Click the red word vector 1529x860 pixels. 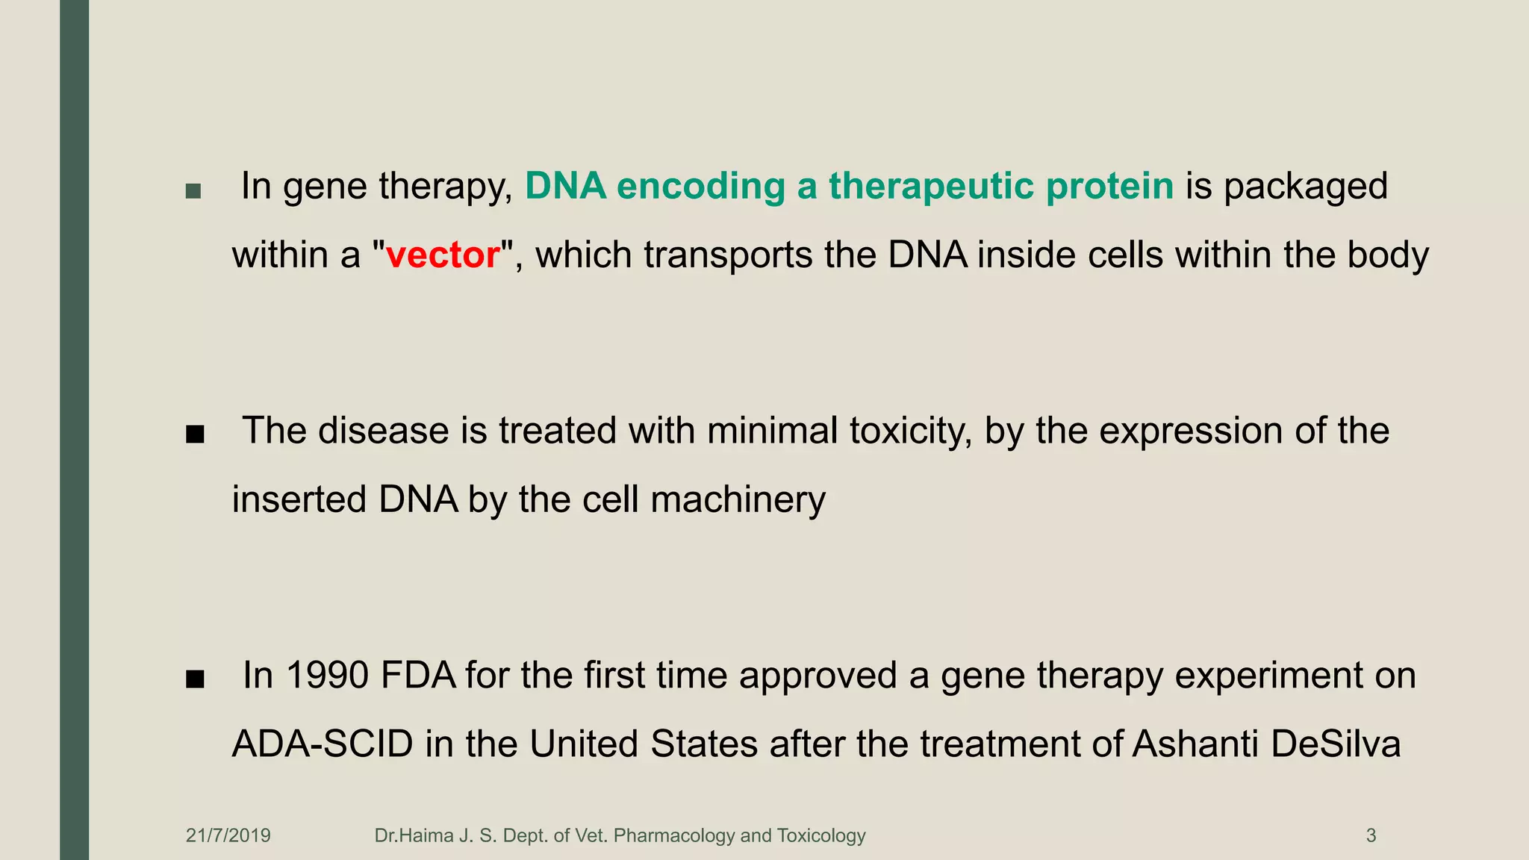pyautogui.click(x=443, y=255)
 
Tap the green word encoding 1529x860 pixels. pyautogui.click(x=700, y=187)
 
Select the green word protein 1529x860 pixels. pyautogui.click(x=1109, y=187)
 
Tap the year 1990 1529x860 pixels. pyautogui.click(x=327, y=676)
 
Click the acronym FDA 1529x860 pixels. pyautogui.click(x=418, y=676)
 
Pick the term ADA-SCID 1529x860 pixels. pyautogui.click(x=323, y=744)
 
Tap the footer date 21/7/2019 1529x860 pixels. pyautogui.click(x=228, y=835)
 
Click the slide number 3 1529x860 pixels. pyautogui.click(x=1371, y=835)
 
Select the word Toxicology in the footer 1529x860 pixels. pyautogui.click(x=820, y=835)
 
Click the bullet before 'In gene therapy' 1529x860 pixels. pyautogui.click(x=193, y=191)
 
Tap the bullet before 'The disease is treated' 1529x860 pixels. pyautogui.click(x=195, y=435)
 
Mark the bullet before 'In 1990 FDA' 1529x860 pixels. pyautogui.click(x=195, y=679)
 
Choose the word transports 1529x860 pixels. pyautogui.click(x=728, y=255)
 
